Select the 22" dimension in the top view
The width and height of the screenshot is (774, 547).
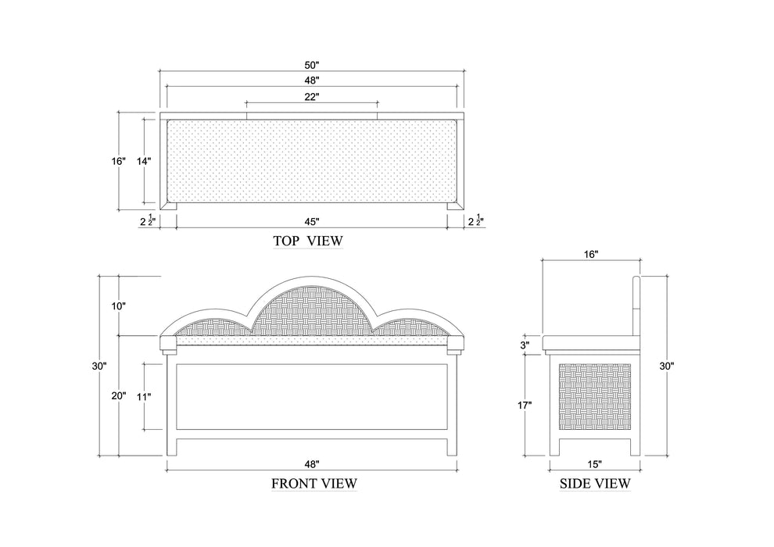pos(311,96)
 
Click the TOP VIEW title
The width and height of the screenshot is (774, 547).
pos(307,241)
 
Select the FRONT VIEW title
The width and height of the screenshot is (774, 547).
pos(314,484)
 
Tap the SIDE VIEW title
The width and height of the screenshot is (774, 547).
pos(594,484)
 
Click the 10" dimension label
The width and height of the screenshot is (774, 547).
pos(118,306)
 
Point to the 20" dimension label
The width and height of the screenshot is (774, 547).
pos(118,396)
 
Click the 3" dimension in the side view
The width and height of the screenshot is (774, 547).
pos(525,344)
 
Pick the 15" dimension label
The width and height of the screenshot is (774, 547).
pos(594,464)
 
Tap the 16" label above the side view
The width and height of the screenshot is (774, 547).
pos(590,255)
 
